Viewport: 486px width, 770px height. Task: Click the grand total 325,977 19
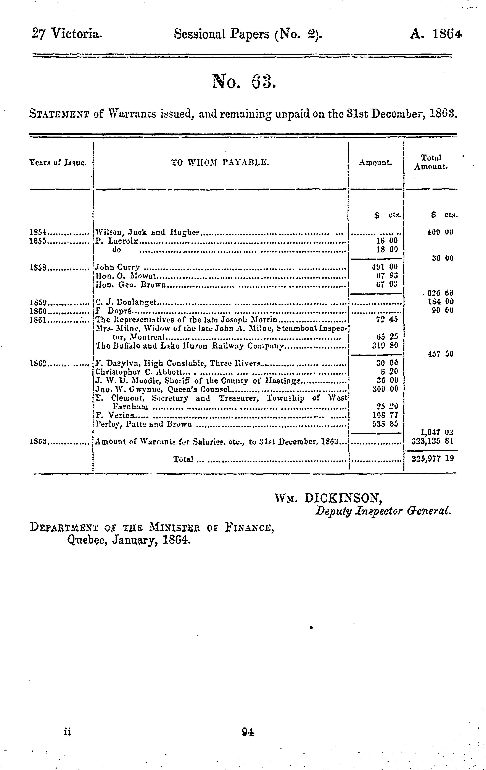pyautogui.click(x=432, y=459)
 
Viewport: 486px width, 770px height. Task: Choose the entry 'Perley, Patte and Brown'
pyautogui.click(x=144, y=424)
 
